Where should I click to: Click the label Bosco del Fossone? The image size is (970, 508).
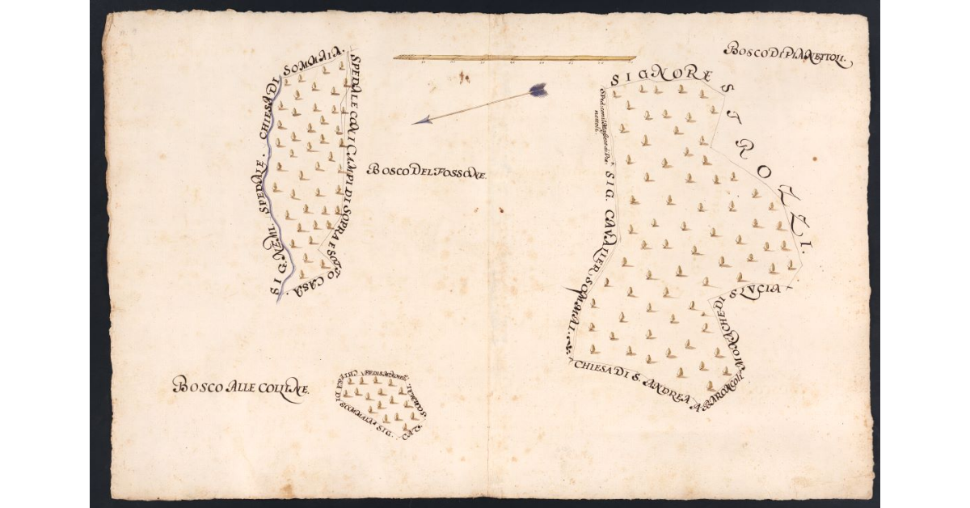(x=426, y=171)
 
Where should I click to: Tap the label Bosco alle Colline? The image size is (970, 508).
(x=241, y=387)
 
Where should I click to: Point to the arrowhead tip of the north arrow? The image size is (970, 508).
(x=414, y=123)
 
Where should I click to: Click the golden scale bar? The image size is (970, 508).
(x=514, y=57)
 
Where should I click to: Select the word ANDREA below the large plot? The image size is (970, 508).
(x=665, y=394)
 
